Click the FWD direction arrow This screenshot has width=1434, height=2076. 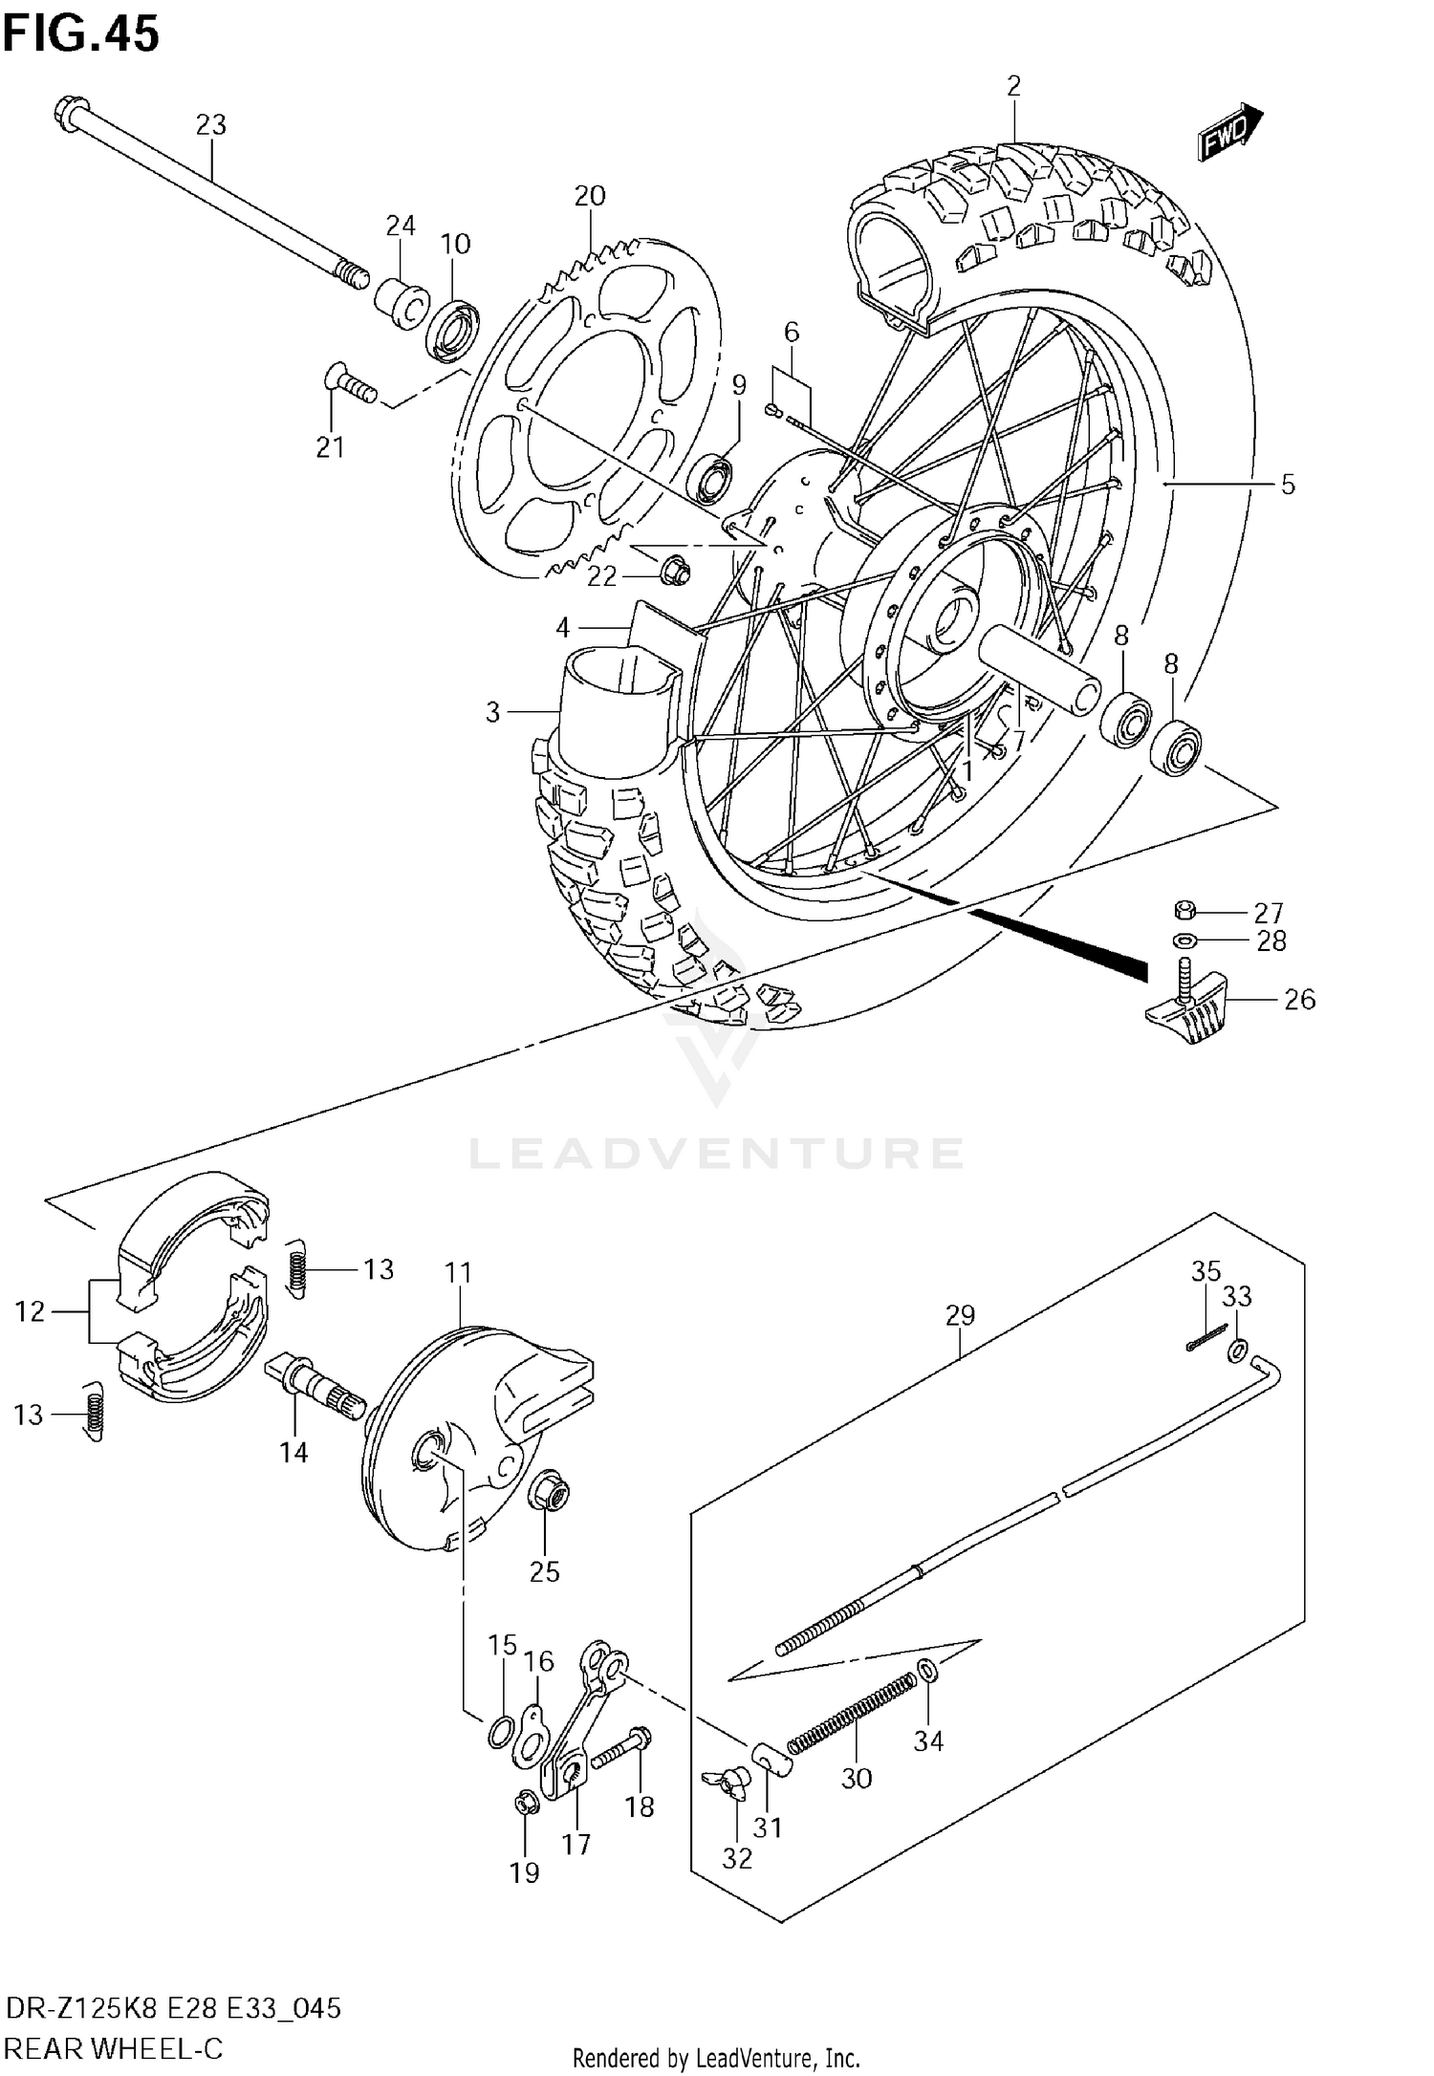1231,131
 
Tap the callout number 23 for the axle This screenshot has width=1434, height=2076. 211,125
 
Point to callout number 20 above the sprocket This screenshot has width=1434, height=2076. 590,196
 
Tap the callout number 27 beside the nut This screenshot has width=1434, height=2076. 1269,912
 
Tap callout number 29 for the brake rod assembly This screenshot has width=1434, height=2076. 960,1316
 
